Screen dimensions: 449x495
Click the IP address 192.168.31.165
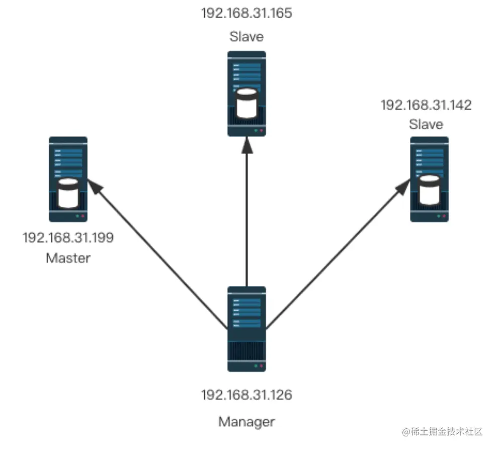(246, 13)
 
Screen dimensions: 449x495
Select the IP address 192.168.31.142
(426, 105)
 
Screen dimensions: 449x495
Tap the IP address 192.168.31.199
(68, 238)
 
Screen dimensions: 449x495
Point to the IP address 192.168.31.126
(246, 395)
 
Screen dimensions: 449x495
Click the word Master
(68, 258)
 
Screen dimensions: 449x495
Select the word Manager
(246, 421)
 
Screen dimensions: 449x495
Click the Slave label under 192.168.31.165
(246, 37)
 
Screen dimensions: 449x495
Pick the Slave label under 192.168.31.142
(426, 124)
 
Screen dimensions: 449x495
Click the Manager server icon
(246, 329)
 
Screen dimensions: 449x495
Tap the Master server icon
(68, 179)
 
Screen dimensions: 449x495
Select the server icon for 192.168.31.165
(246, 94)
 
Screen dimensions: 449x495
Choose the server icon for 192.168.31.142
(429, 179)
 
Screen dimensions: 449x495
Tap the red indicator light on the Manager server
(261, 366)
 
